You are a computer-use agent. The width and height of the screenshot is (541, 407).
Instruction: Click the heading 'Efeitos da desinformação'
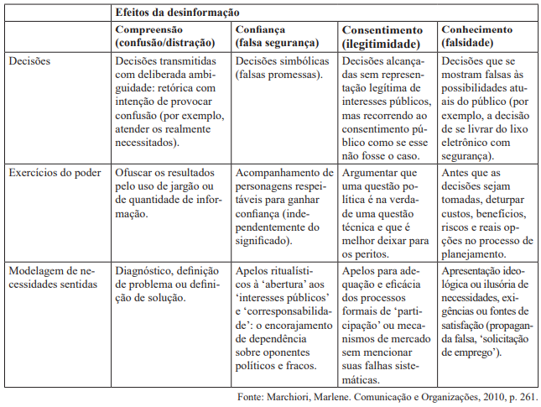[x=178, y=13]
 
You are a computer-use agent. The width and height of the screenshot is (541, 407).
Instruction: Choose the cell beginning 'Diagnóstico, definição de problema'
[x=166, y=284]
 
